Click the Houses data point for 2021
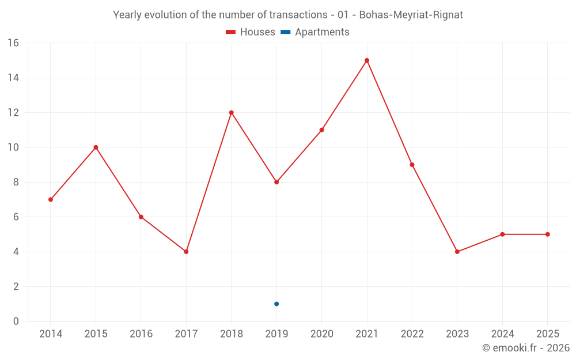tap(367, 60)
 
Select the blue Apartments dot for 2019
tap(276, 304)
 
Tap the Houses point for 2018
tap(232, 112)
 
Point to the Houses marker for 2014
tap(51, 199)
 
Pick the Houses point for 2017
tap(186, 252)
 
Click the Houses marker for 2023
tap(457, 252)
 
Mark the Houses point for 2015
tap(96, 147)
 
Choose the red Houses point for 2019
tap(276, 182)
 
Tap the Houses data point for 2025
tap(548, 234)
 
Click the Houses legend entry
tap(251, 32)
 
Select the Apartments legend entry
tap(315, 32)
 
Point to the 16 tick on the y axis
tap(13, 43)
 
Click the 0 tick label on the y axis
tap(16, 321)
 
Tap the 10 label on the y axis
tap(13, 147)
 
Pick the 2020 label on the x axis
tap(322, 334)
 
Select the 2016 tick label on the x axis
tap(141, 334)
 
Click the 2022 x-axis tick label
tap(412, 334)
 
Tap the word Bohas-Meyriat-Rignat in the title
tap(411, 15)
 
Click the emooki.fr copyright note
tap(526, 348)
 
